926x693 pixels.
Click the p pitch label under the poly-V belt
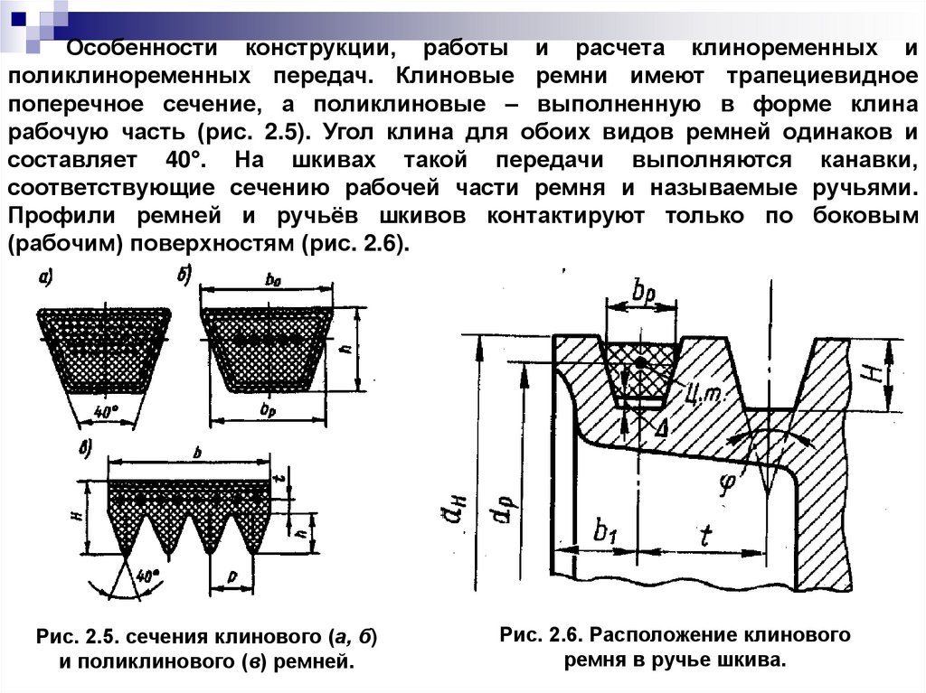[x=232, y=576]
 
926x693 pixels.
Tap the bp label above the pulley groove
[x=646, y=293]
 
